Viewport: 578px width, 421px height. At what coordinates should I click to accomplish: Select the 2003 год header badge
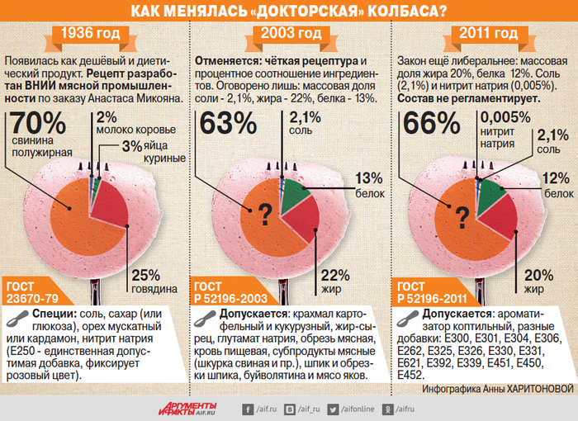[289, 34]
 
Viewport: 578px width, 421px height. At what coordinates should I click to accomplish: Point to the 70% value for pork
[36, 124]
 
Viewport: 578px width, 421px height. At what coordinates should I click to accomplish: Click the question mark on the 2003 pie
[264, 216]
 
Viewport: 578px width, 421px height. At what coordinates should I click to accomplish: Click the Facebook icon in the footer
[247, 408]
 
